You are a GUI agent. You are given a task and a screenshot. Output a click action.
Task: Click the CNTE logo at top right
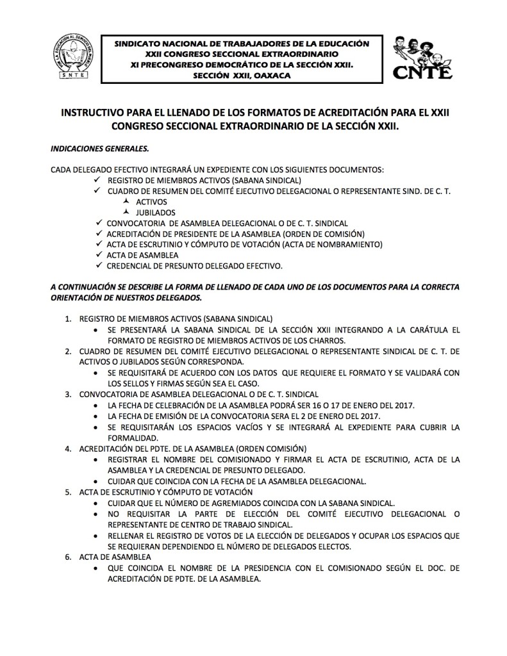point(422,57)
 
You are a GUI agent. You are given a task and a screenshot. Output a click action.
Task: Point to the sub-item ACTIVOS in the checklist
point(151,202)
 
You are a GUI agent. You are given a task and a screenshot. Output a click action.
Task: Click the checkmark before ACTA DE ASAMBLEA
point(97,254)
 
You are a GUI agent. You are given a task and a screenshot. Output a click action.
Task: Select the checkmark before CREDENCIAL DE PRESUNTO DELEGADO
point(97,265)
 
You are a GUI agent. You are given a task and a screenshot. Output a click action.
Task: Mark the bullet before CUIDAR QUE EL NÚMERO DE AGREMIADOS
point(95,504)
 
